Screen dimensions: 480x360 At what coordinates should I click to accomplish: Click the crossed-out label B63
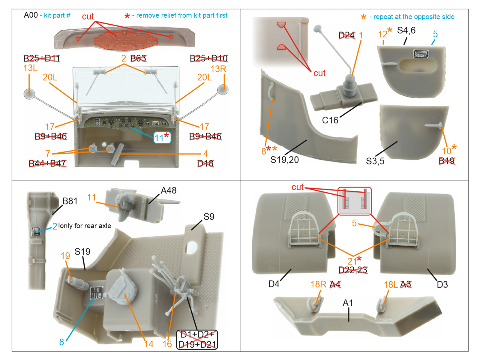coord(138,58)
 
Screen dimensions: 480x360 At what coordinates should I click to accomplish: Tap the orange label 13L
coord(30,68)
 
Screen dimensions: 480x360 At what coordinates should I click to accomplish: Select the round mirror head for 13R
coord(223,90)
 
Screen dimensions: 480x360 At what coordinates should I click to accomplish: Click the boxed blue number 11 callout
coord(162,138)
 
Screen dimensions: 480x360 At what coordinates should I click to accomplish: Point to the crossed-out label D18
coord(205,163)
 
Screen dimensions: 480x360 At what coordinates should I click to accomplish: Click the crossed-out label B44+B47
coord(47,163)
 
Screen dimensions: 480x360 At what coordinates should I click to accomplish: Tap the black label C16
coord(330,120)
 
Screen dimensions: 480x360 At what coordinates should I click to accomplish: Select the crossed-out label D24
coord(346,35)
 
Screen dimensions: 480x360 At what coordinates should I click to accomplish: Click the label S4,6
coord(406,30)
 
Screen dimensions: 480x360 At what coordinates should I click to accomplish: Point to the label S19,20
coord(284,160)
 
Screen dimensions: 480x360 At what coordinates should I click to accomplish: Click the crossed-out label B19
coord(447,161)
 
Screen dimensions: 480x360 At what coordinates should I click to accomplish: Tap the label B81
coord(70,201)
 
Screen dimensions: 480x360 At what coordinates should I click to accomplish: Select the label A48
coord(169,190)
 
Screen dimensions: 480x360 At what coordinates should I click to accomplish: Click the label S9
coord(208,217)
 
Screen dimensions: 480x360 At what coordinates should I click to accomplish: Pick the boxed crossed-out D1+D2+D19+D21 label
coord(197,340)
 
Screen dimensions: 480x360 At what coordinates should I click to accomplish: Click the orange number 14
coord(149,344)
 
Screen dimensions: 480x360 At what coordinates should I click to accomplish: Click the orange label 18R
coord(318,284)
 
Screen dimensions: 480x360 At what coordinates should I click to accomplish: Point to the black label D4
coord(274,284)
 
